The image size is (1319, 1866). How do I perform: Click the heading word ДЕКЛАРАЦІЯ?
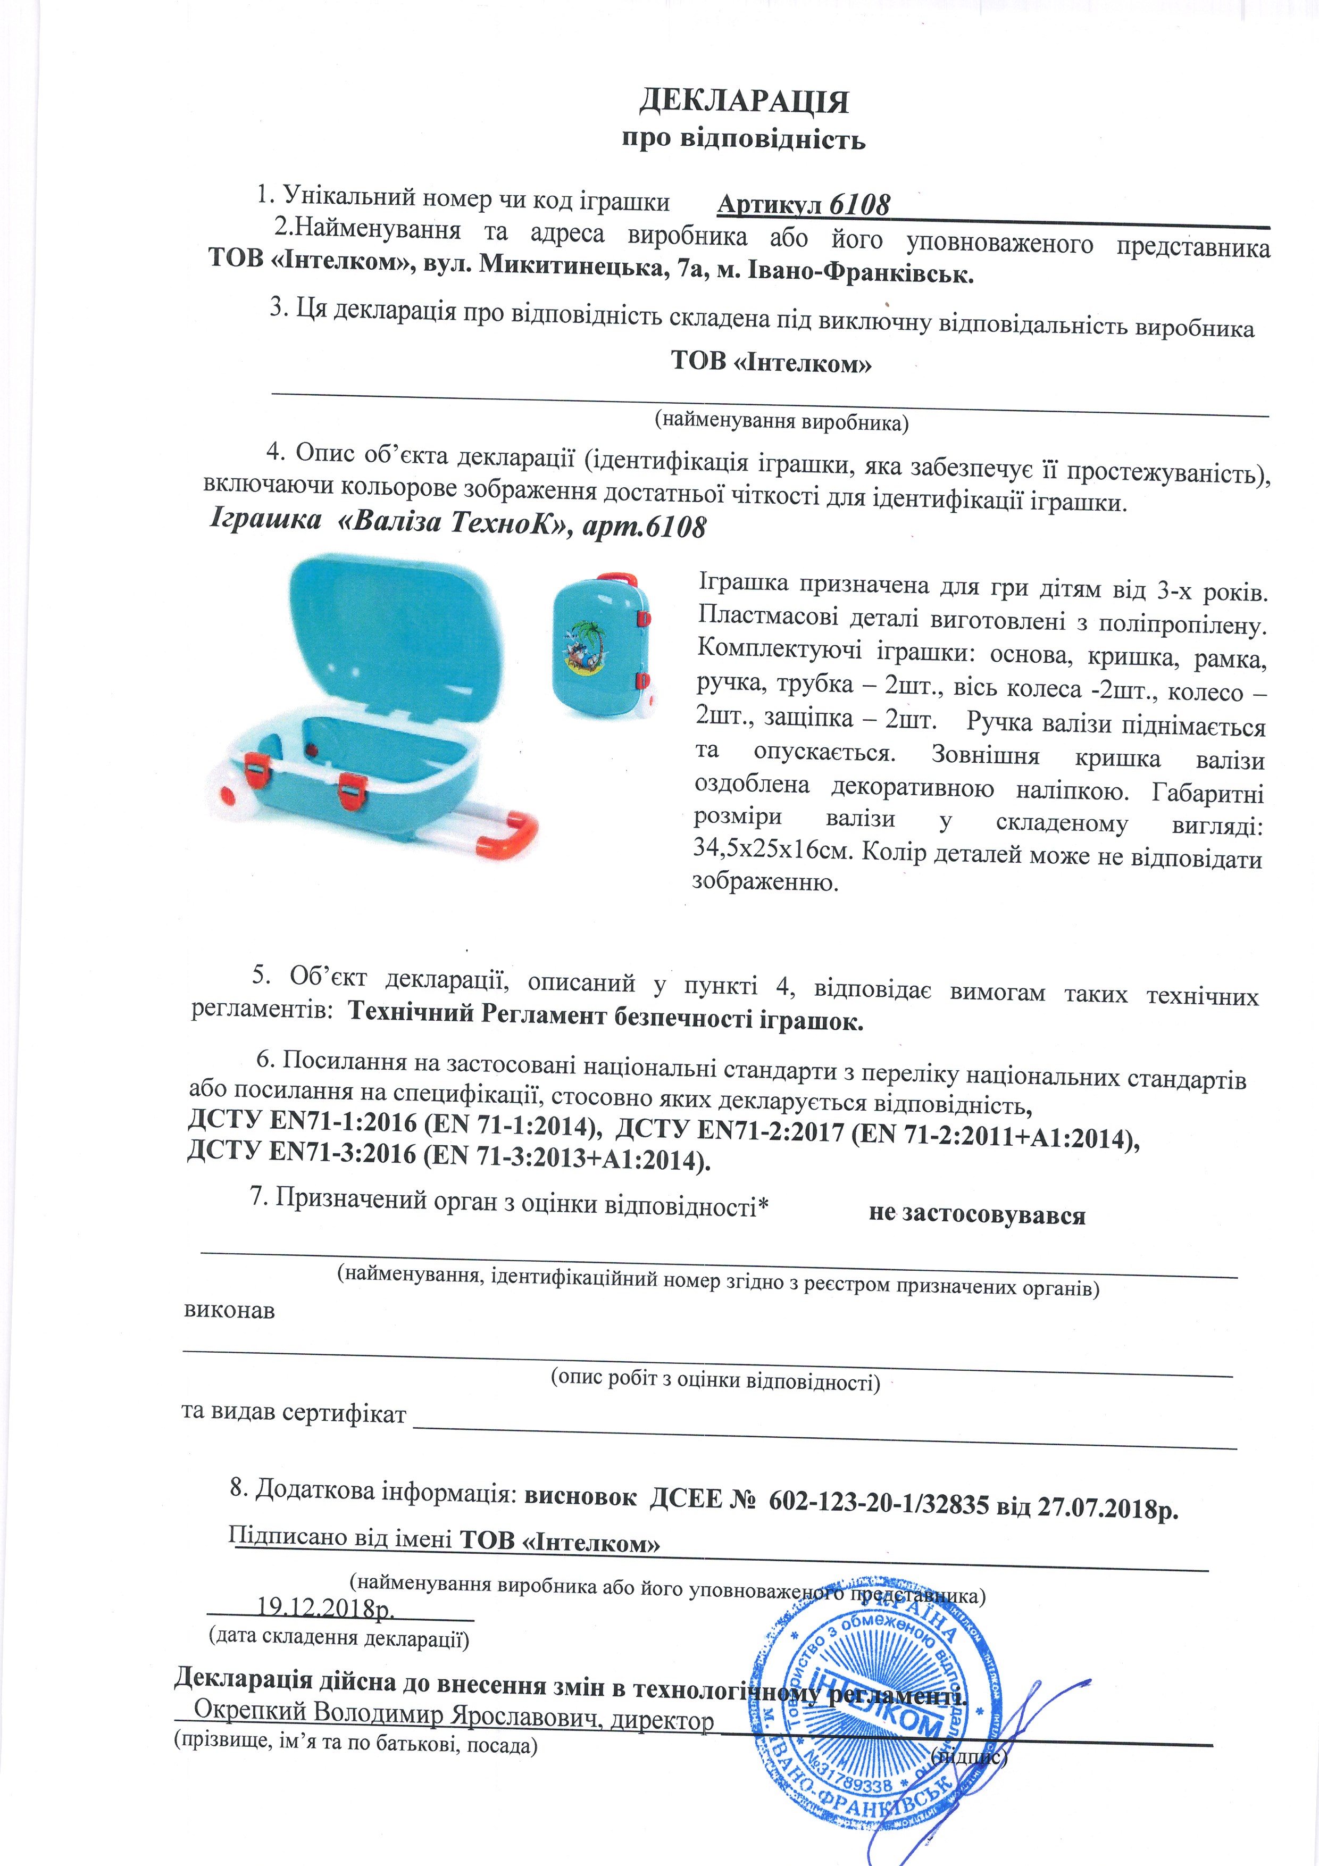coord(744,102)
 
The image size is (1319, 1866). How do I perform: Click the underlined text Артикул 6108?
coord(803,205)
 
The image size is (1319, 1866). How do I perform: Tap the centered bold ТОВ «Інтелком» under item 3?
coord(771,362)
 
